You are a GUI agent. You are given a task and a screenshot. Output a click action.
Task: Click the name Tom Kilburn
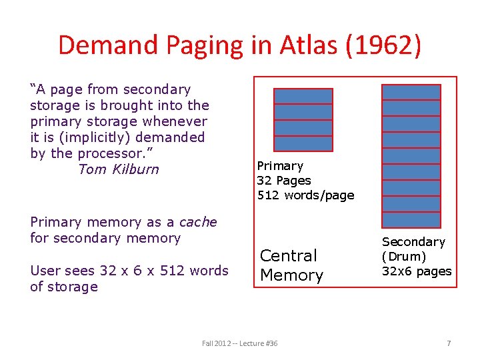coord(119,169)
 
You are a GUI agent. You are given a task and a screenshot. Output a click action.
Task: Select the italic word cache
coord(198,222)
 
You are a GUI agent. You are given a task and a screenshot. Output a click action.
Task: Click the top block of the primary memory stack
coord(303,96)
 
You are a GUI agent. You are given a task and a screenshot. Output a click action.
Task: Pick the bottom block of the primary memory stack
coord(303,144)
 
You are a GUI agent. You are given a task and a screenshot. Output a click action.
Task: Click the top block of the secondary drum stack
coord(411,92)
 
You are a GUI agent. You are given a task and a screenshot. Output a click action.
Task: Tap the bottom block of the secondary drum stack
coord(411,220)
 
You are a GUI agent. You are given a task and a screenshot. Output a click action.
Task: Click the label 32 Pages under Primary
coord(284,181)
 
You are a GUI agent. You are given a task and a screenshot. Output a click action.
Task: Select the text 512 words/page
coord(306,195)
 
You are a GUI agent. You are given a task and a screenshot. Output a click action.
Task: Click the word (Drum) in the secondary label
coord(404,257)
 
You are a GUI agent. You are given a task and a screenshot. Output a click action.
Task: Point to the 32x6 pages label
coord(416,271)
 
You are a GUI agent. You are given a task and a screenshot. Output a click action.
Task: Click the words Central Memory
coord(291,265)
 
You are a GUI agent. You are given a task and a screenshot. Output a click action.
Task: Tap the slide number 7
coord(449,343)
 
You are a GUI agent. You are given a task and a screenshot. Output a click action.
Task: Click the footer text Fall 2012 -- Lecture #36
coord(240,343)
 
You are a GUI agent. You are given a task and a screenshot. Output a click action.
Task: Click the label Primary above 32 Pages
coord(280,166)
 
